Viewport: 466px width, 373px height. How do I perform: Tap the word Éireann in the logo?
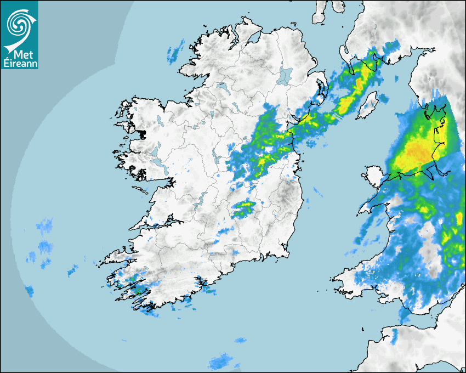point(20,64)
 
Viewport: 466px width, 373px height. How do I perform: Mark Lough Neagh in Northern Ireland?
point(285,75)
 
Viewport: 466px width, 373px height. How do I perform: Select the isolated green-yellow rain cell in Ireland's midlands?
point(244,207)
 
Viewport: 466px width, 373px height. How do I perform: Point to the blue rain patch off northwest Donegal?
point(175,52)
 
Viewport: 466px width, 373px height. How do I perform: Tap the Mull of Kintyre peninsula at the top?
point(319,14)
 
